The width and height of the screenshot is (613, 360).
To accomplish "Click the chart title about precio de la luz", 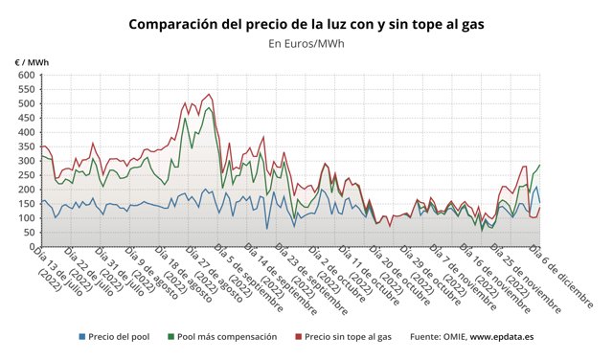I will click(x=306, y=22).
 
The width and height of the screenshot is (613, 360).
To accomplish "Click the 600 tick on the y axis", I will click(x=24, y=74).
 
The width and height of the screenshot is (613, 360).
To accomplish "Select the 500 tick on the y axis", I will click(x=24, y=102).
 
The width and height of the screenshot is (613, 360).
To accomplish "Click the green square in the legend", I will click(x=170, y=337).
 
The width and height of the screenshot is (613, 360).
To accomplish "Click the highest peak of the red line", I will click(x=210, y=94).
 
